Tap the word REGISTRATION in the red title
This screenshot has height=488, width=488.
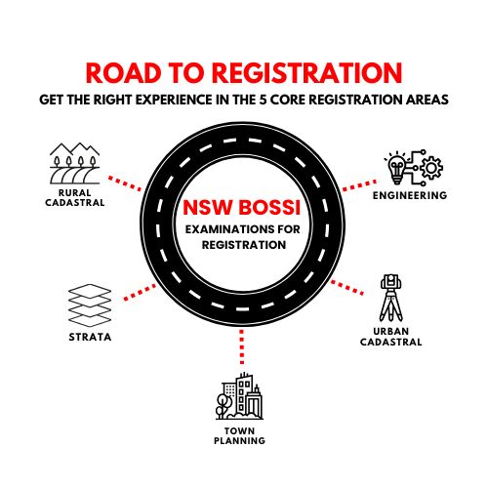(307, 72)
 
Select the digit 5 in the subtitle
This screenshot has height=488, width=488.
(263, 100)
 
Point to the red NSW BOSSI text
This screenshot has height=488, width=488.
(242, 208)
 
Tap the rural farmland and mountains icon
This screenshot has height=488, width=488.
(74, 163)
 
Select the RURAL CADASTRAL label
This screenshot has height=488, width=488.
(75, 198)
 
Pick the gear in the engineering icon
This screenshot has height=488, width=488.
(431, 168)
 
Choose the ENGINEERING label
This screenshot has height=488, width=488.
(410, 195)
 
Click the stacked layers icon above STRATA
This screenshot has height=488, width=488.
(90, 305)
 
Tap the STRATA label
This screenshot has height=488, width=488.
(90, 337)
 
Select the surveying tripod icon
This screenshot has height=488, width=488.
(391, 298)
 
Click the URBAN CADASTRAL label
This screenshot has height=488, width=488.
(391, 337)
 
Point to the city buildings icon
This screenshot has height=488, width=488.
(239, 396)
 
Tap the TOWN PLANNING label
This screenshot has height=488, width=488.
(239, 436)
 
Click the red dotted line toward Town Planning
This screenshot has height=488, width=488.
(241, 346)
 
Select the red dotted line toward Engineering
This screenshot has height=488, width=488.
(359, 185)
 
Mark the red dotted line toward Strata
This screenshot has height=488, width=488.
(141, 292)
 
